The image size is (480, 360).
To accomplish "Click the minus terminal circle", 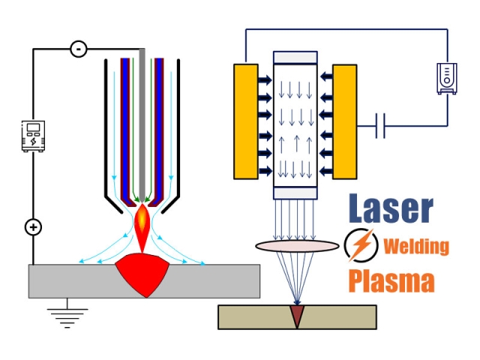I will point(78,49).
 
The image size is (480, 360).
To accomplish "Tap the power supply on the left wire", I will point(33,136).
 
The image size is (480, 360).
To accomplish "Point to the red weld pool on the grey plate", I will point(150,274).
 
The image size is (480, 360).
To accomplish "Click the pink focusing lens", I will point(297,245).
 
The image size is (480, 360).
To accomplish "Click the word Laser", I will point(390,210).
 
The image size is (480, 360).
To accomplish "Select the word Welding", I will point(416,246).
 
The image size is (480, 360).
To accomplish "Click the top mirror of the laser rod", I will point(295,58).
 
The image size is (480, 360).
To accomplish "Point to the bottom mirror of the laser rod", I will point(295,193).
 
